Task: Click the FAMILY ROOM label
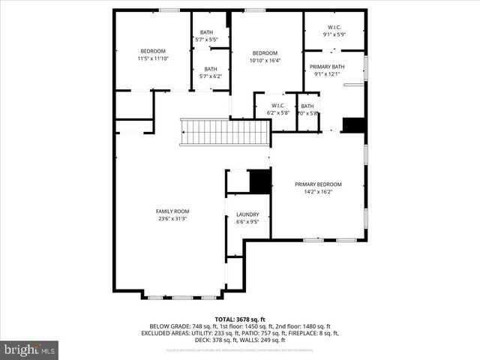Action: pyautogui.click(x=172, y=211)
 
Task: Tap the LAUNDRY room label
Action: pyautogui.click(x=247, y=214)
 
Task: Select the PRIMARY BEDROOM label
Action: pyautogui.click(x=318, y=184)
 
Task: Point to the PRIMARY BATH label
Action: pyautogui.click(x=328, y=66)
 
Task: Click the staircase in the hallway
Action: pyautogui.click(x=226, y=132)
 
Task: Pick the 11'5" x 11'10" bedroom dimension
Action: pyautogui.click(x=153, y=58)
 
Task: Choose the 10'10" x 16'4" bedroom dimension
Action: pyautogui.click(x=265, y=61)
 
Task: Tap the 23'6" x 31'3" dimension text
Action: pyautogui.click(x=172, y=219)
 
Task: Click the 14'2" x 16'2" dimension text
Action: pyautogui.click(x=318, y=192)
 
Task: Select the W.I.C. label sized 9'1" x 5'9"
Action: pyautogui.click(x=334, y=34)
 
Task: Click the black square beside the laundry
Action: pyautogui.click(x=259, y=181)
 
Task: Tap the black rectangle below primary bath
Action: pyautogui.click(x=353, y=124)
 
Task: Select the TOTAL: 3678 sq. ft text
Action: pyautogui.click(x=240, y=319)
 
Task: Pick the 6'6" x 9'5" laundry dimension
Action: pyautogui.click(x=247, y=222)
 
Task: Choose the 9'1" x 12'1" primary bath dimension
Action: pyautogui.click(x=328, y=73)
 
